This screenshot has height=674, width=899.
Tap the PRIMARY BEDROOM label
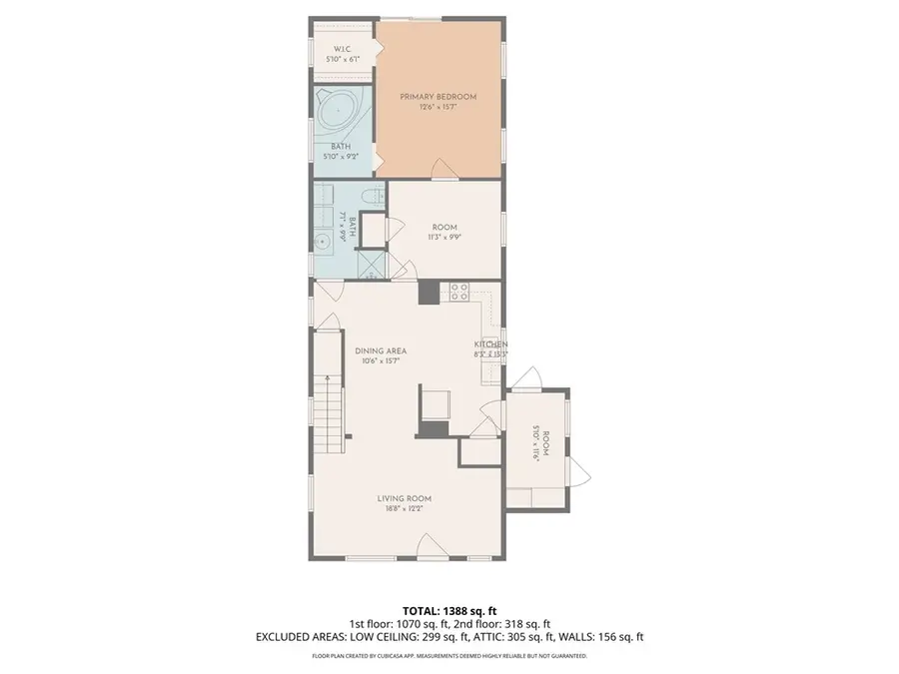coord(438,97)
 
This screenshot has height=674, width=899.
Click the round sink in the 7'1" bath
coord(324,241)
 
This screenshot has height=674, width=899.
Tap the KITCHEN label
coord(490,344)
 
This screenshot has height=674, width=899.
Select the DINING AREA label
coord(381,350)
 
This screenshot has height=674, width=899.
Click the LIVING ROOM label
coord(405,499)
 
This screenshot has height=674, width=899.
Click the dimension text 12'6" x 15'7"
coord(438,107)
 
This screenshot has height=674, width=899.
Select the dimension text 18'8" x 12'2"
coord(405,509)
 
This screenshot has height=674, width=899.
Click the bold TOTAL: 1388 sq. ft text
coord(449,609)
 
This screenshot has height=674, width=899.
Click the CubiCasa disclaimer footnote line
coord(449,656)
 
